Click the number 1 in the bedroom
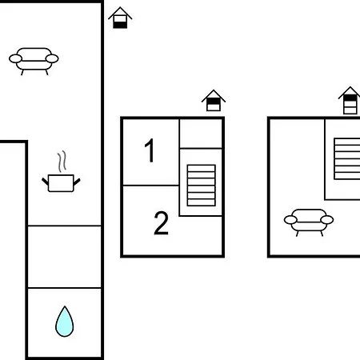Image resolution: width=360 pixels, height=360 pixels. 150,150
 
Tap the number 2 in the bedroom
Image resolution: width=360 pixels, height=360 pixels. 162,222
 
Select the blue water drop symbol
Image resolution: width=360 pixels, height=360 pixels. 65,322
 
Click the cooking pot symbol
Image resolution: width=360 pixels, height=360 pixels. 61,183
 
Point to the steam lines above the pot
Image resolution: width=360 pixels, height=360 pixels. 62,162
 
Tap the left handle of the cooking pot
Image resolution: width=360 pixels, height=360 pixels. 46,182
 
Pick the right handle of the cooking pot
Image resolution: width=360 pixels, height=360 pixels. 77,182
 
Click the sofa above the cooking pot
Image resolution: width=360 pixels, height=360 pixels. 34,62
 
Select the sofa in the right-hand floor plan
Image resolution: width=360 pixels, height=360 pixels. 309,222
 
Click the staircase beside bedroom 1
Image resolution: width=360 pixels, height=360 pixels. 202,186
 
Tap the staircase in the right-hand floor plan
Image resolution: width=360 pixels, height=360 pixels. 347,158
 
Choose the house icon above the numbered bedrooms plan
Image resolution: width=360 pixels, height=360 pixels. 214,101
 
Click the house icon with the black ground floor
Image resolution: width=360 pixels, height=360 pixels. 120,18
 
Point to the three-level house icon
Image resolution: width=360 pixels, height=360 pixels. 350,101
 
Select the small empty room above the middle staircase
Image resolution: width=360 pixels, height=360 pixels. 201,134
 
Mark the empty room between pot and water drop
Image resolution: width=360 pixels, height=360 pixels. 65,257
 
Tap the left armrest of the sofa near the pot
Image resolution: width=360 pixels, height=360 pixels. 15,58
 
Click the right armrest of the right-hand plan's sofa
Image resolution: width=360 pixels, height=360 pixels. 327,220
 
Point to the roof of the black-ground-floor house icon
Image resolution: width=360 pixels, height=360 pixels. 120,13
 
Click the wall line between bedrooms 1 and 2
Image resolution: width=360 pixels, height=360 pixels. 151,185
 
